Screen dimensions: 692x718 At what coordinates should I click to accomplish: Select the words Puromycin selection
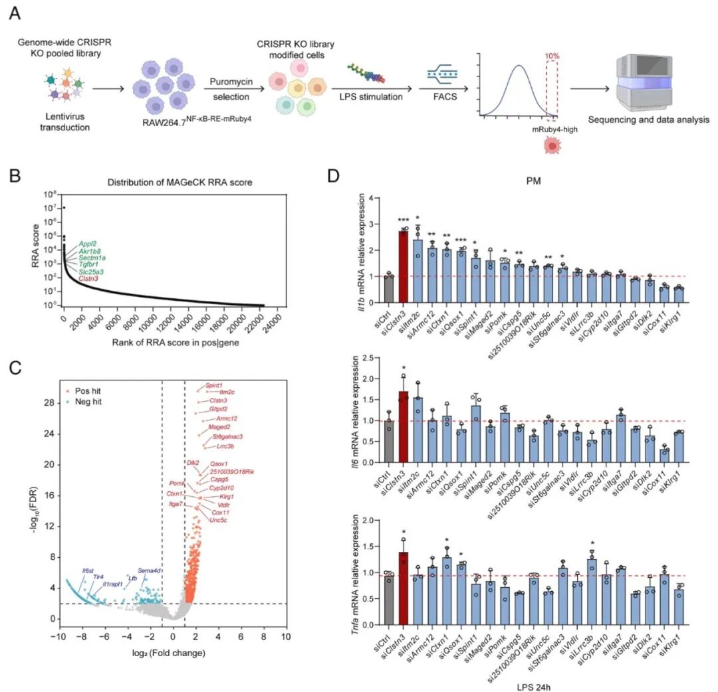[x=231, y=90]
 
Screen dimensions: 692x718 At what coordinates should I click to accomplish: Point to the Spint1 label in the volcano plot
[x=214, y=385]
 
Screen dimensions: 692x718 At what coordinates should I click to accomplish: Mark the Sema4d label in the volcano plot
[x=149, y=570]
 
